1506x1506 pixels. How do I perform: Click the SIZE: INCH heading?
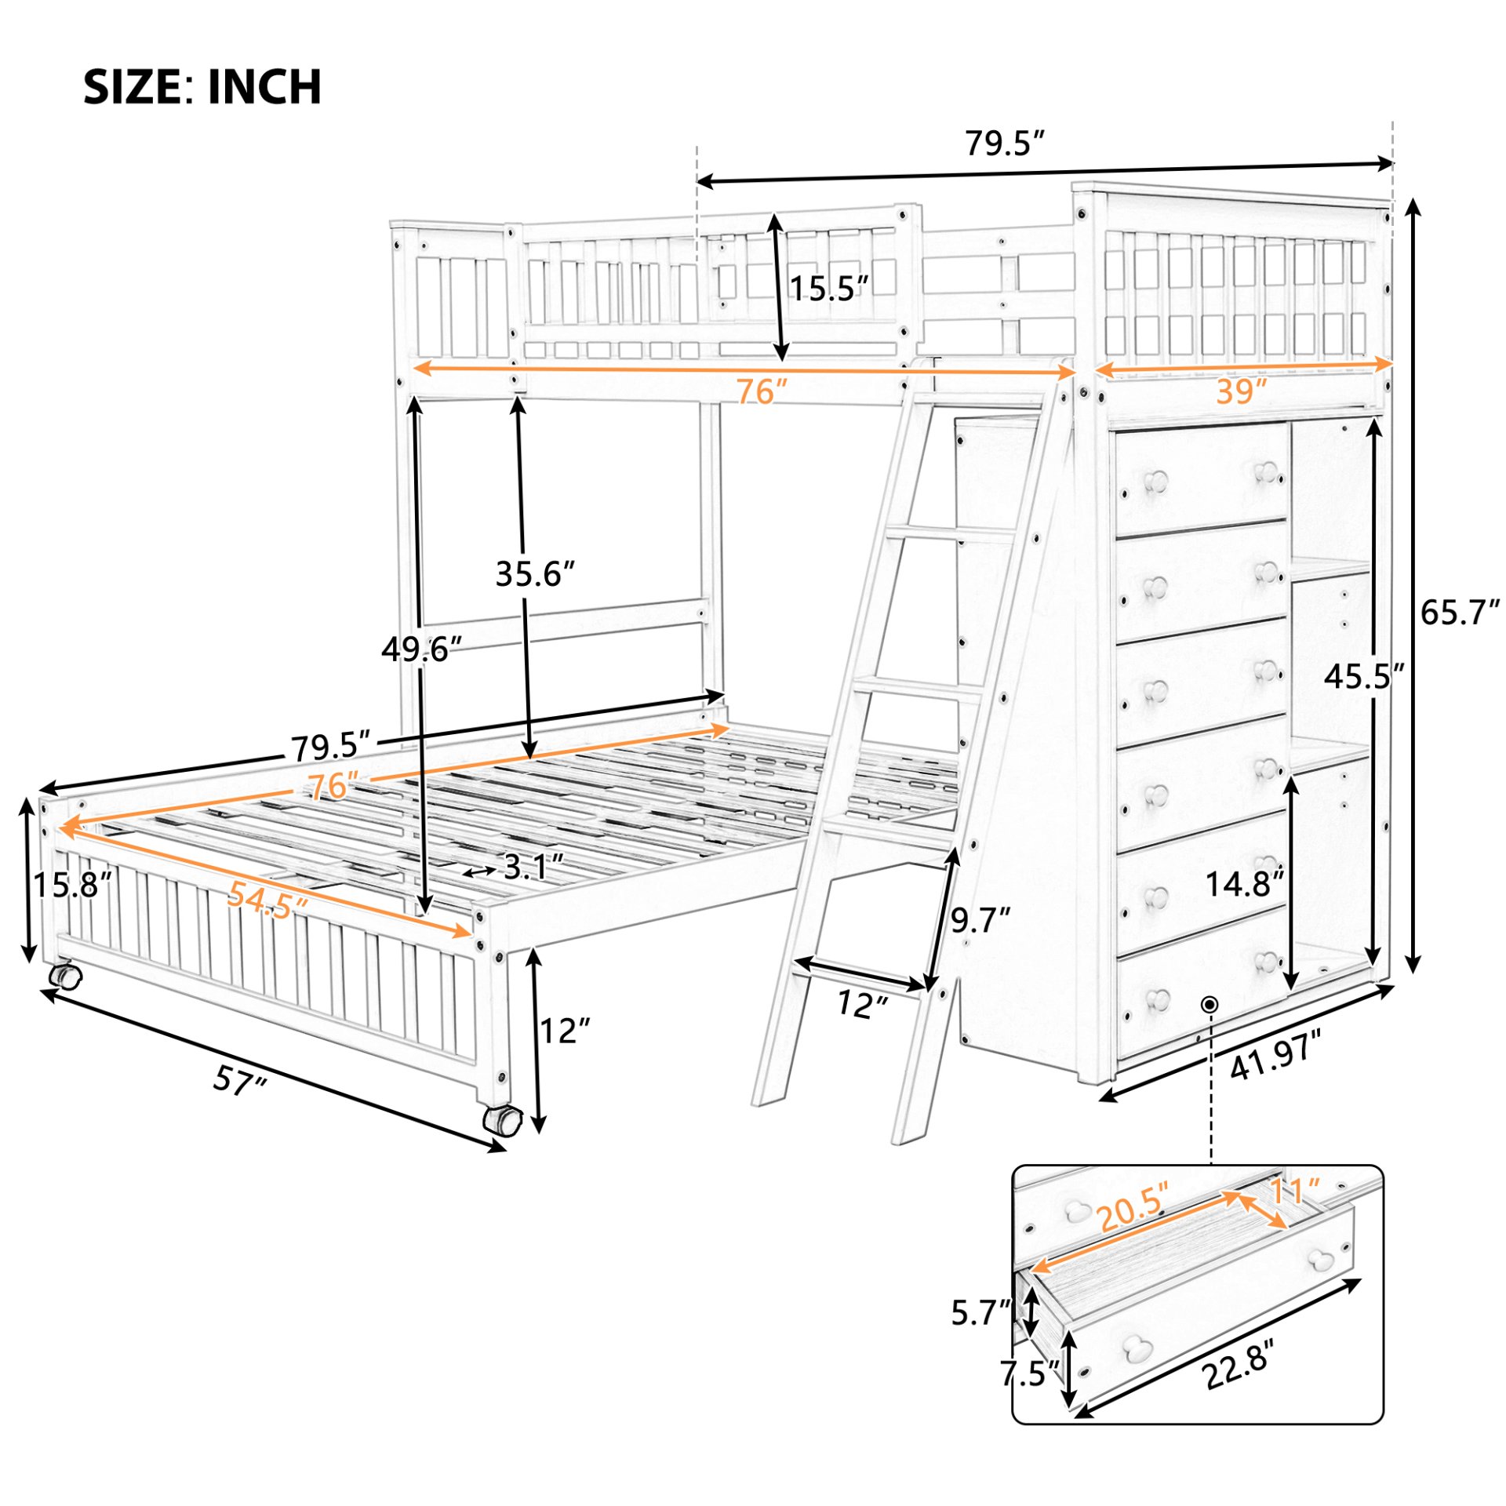(202, 86)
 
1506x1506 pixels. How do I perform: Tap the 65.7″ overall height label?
(1460, 613)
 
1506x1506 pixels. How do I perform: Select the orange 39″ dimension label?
(1242, 391)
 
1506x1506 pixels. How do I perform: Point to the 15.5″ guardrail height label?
(829, 289)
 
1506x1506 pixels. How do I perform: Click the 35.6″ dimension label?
(535, 574)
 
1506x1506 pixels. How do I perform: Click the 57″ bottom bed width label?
(239, 1082)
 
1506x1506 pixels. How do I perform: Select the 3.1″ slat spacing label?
(533, 867)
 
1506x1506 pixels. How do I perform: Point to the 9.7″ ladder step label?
(980, 920)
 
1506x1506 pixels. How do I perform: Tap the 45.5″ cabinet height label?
(1363, 675)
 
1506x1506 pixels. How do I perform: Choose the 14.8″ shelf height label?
(1244, 884)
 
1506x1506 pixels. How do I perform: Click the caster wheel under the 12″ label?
(502, 1119)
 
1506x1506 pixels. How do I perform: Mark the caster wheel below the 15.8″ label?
(65, 977)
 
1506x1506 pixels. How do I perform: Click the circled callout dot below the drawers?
(1210, 1003)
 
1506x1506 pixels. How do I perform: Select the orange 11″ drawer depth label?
(1294, 1191)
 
